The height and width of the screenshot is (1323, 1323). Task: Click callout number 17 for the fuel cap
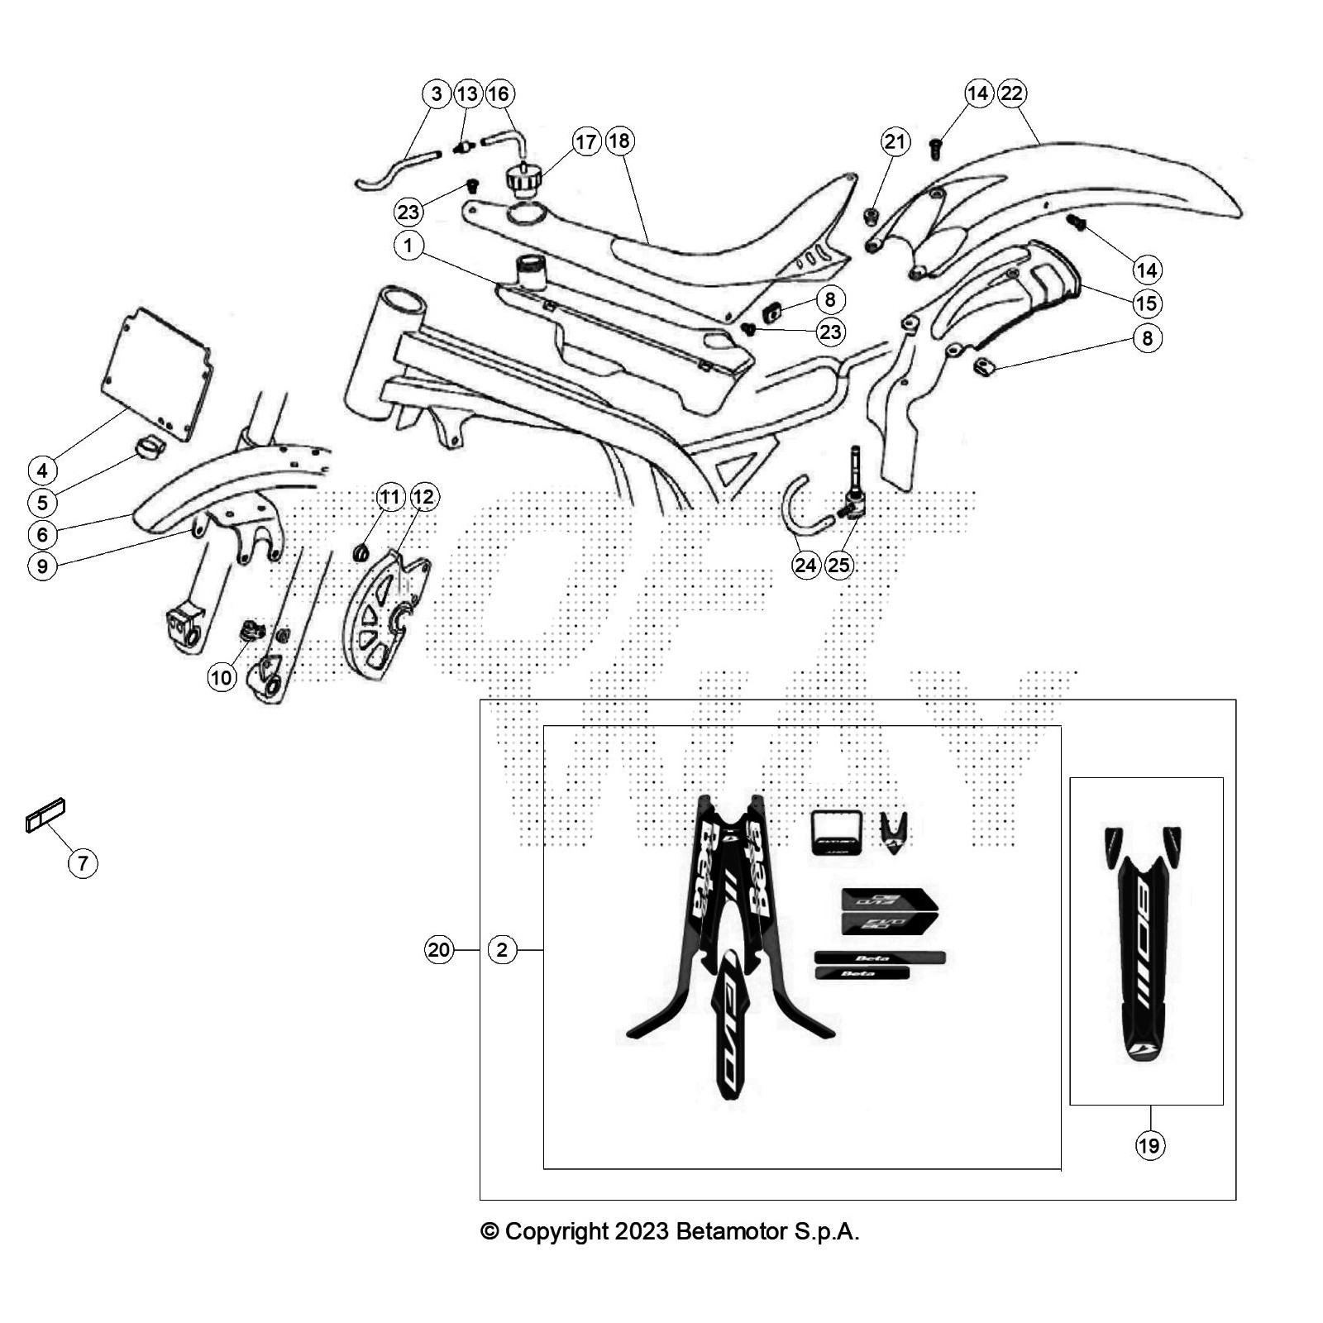585,141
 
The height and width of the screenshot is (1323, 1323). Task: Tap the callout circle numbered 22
1011,93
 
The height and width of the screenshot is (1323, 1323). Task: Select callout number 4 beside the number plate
42,470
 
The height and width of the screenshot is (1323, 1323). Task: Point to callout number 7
83,864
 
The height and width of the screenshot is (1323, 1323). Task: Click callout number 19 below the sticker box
1149,1145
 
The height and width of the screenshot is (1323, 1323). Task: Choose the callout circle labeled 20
439,949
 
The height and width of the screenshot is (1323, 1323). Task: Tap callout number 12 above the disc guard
423,497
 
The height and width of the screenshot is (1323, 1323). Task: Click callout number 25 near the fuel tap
838,565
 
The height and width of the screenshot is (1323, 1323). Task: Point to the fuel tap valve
851,496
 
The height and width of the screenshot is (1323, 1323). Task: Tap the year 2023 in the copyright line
640,1231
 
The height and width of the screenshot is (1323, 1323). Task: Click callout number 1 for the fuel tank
408,246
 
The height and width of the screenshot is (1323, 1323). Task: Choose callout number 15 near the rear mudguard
1146,303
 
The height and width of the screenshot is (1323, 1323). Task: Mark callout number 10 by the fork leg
222,678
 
